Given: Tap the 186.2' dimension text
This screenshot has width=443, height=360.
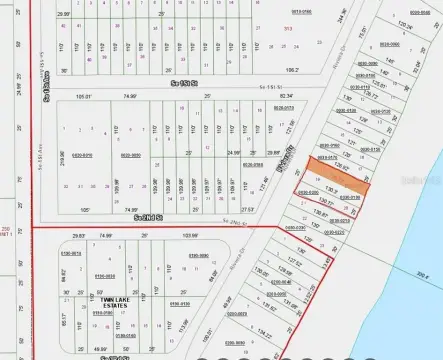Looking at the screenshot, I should (293, 71).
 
